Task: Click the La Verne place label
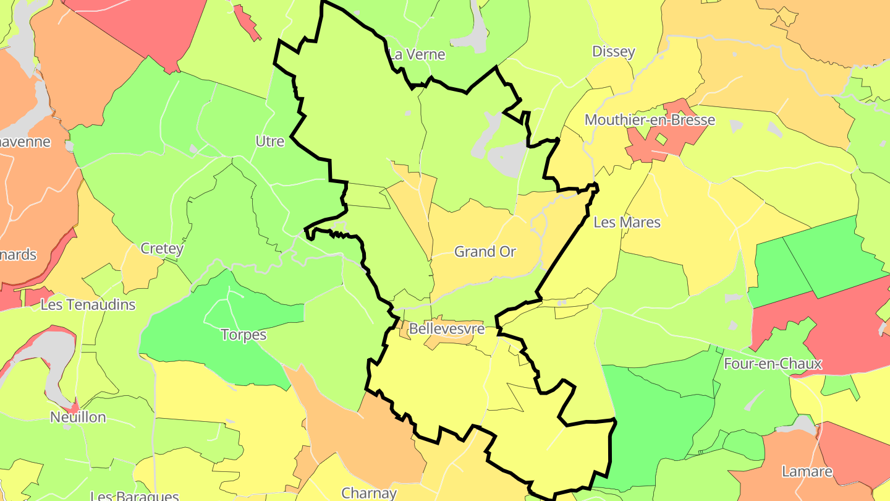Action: click(417, 54)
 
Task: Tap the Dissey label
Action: click(613, 51)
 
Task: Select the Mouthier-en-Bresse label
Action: click(650, 120)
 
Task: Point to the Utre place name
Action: click(269, 142)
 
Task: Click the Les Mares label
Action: click(627, 222)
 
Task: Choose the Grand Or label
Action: click(485, 252)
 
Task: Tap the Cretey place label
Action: click(162, 249)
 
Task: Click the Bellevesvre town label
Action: click(446, 329)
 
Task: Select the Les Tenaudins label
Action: click(88, 305)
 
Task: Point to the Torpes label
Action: click(244, 335)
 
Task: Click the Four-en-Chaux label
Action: click(773, 364)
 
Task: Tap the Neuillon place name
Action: click(78, 417)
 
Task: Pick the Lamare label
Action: click(807, 471)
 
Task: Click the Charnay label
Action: click(369, 493)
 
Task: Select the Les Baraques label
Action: click(134, 495)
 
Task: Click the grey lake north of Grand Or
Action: click(504, 155)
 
